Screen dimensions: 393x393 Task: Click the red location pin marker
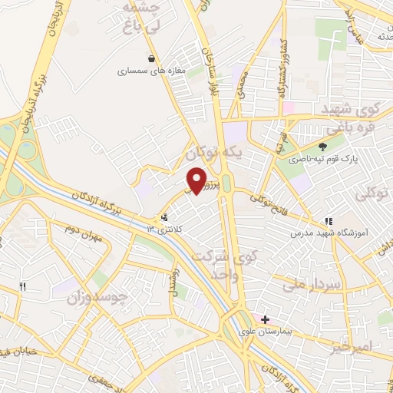coord(197,180)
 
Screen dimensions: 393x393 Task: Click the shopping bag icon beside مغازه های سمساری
coord(152,58)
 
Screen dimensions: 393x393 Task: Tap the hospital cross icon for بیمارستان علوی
coord(266,319)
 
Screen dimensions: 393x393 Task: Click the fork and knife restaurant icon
coord(23,287)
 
